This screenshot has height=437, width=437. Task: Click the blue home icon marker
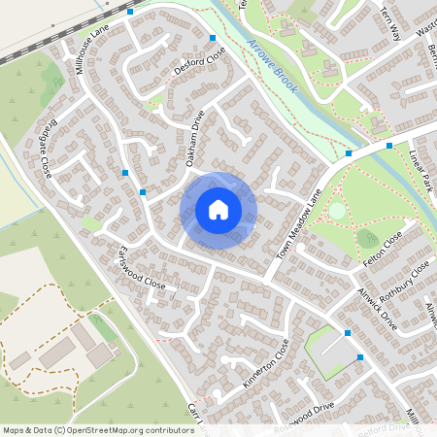coord(218,210)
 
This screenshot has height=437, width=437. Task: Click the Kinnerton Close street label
coord(265,363)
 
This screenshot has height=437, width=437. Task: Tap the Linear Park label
coord(424,170)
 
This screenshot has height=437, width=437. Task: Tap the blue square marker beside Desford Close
coord(213,38)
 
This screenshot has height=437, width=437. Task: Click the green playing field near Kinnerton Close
coord(327,350)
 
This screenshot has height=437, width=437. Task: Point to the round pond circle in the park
coord(336,210)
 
